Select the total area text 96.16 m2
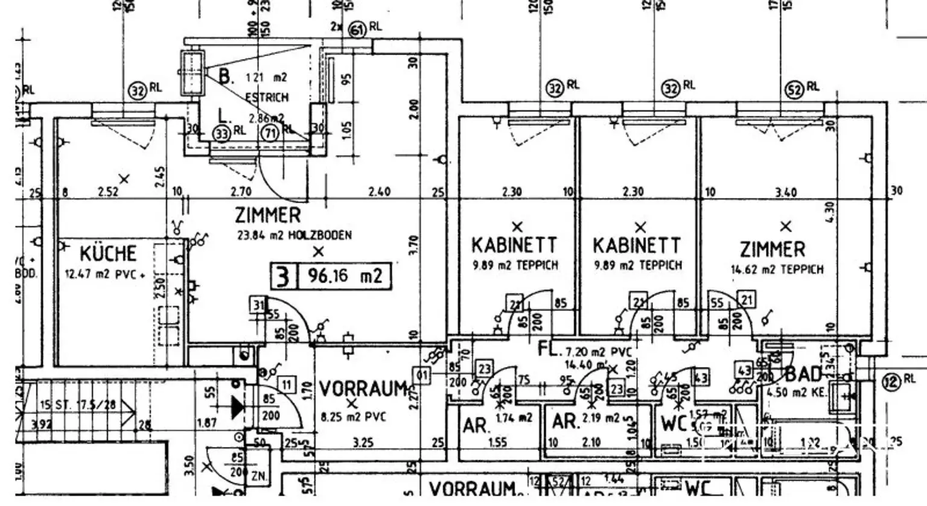pyautogui.click(x=345, y=276)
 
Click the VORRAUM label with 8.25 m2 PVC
pyautogui.click(x=363, y=389)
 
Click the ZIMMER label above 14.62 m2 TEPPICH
pyautogui.click(x=772, y=250)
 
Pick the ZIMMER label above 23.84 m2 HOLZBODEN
pyautogui.click(x=267, y=215)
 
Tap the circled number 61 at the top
pyautogui.click(x=358, y=28)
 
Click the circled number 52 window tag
pyautogui.click(x=794, y=89)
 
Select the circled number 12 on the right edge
pyautogui.click(x=891, y=381)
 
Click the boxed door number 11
pyautogui.click(x=286, y=384)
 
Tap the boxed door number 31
pyautogui.click(x=258, y=305)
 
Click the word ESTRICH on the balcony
pyautogui.click(x=267, y=97)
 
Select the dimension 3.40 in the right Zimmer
pyautogui.click(x=786, y=192)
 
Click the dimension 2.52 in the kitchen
pyautogui.click(x=109, y=192)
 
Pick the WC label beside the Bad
pyautogui.click(x=674, y=423)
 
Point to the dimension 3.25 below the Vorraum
pyautogui.click(x=363, y=443)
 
